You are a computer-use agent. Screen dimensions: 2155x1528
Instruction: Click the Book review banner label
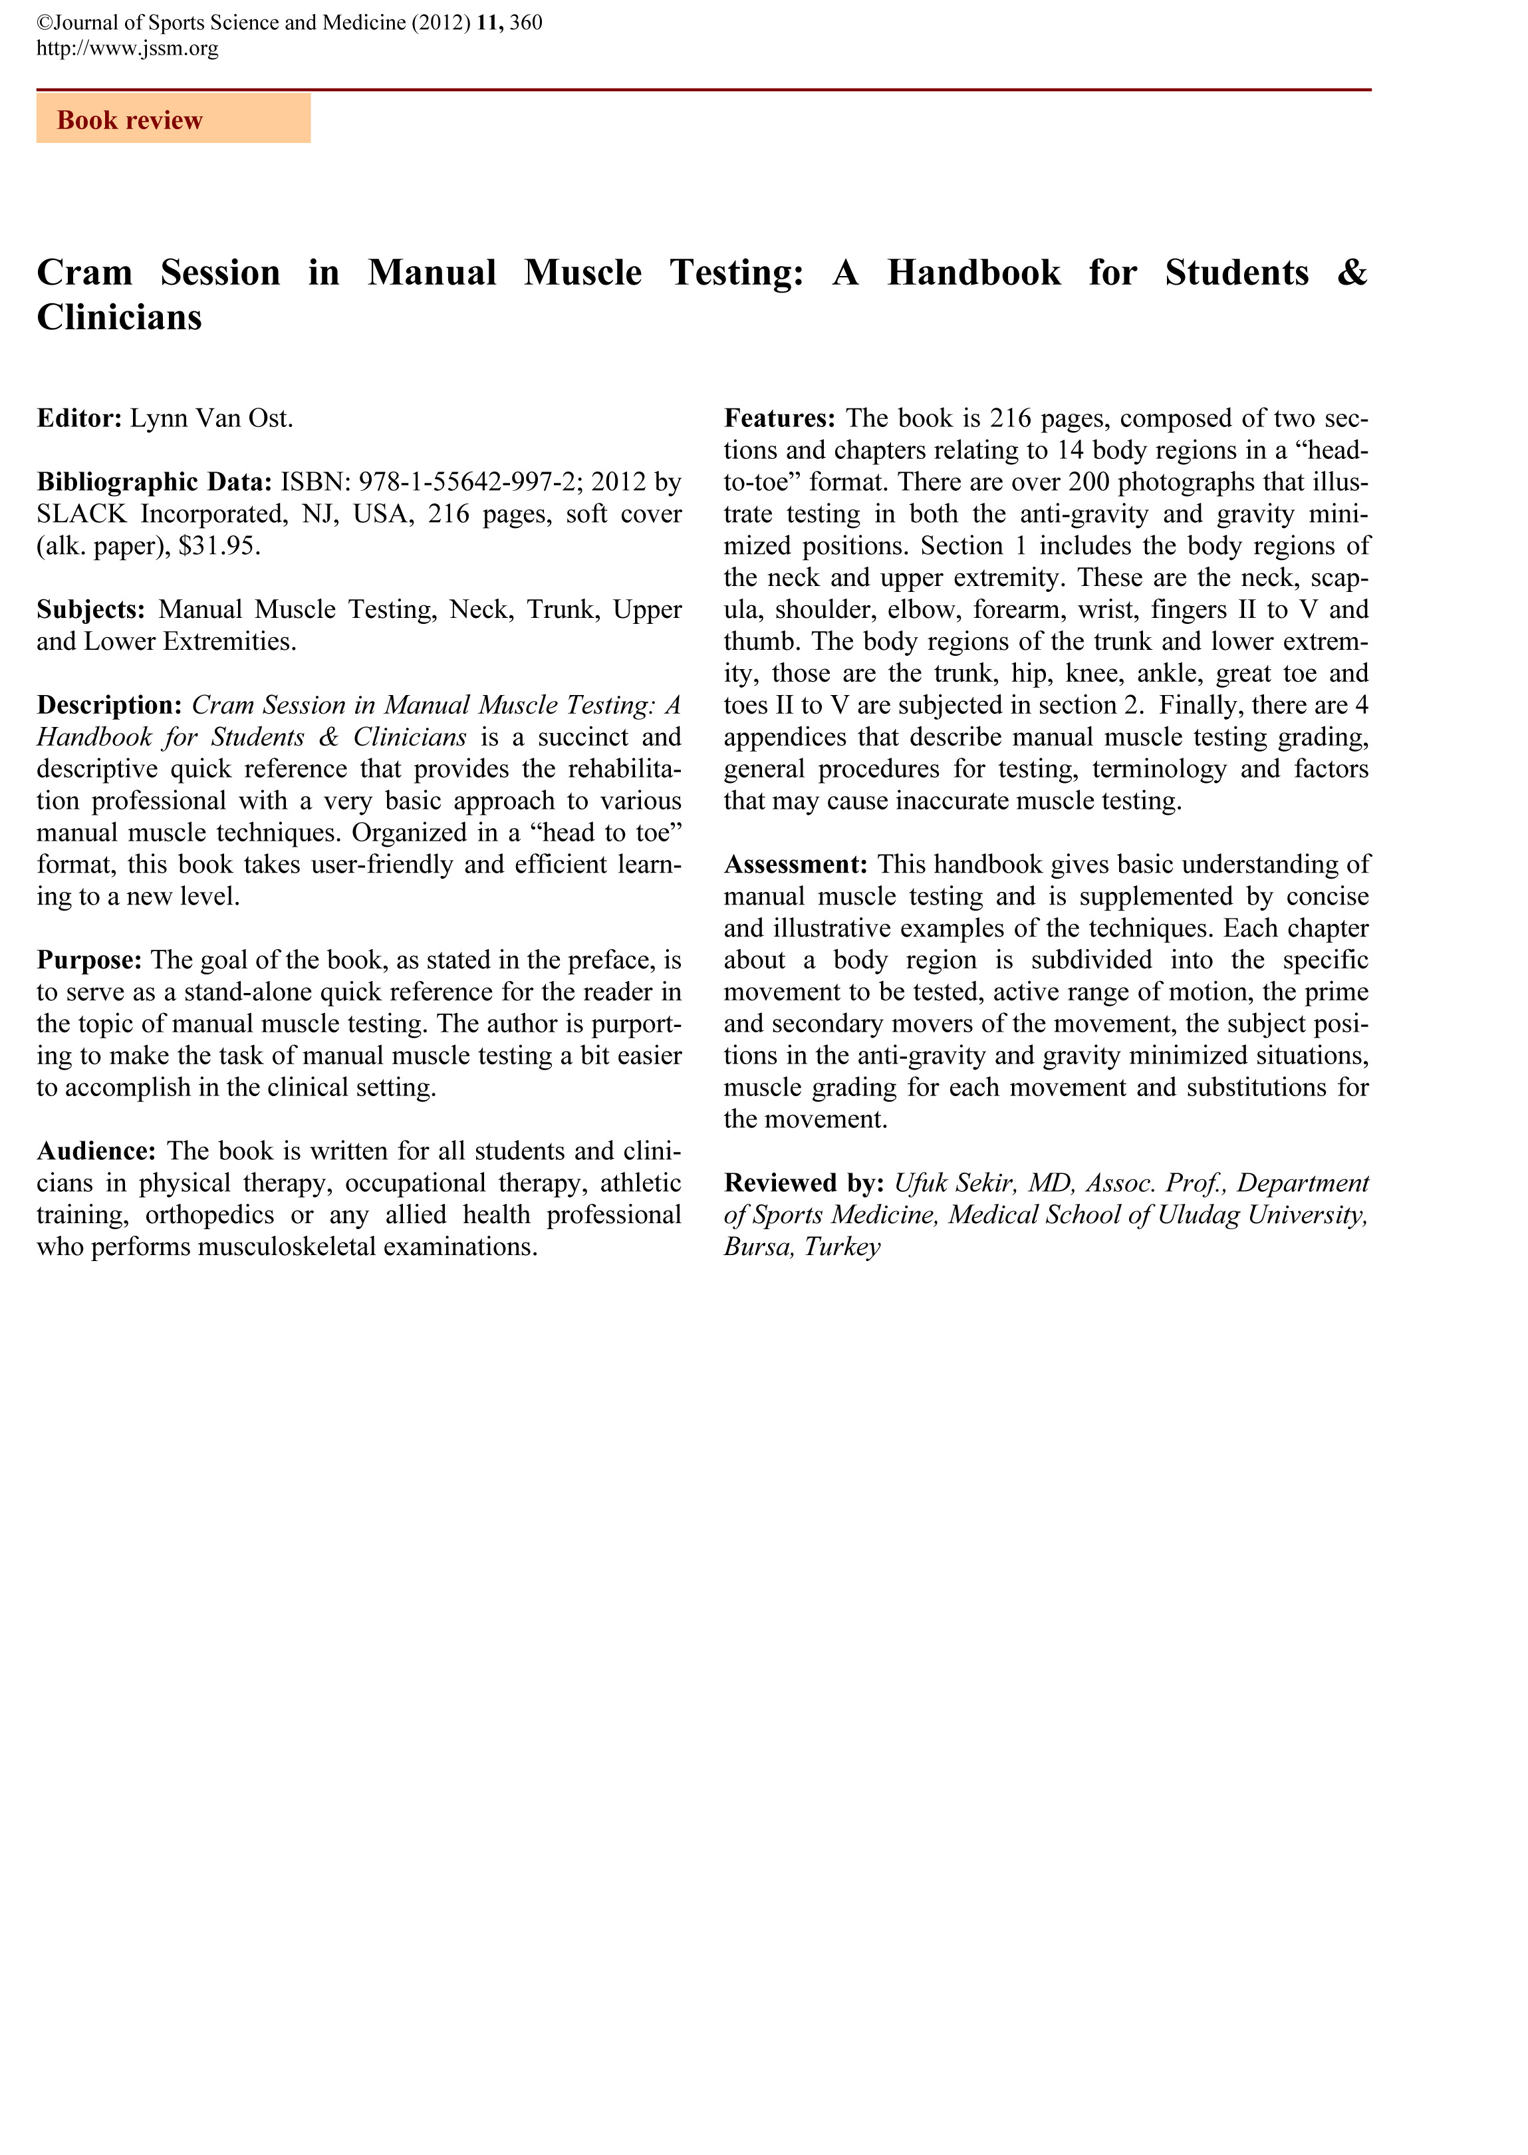coord(130,120)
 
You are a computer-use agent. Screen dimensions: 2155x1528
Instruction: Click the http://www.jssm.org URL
coord(127,48)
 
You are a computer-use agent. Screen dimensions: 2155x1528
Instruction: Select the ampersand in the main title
coord(1352,273)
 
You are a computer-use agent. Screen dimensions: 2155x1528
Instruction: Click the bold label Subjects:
coord(91,610)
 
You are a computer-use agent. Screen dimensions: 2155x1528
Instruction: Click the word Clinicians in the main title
coord(120,318)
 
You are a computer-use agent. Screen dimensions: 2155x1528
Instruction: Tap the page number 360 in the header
coord(526,23)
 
